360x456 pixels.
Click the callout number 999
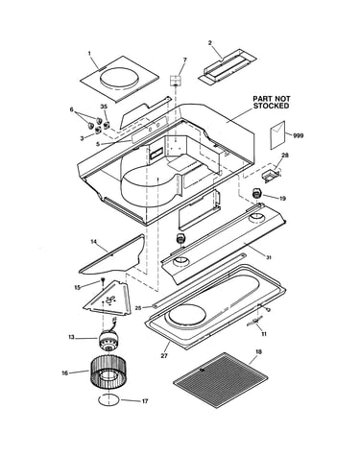click(298, 135)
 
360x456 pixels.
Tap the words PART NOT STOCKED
click(272, 103)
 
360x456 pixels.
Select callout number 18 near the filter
click(258, 352)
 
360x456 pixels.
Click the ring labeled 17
click(108, 400)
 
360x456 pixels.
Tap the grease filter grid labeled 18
click(221, 379)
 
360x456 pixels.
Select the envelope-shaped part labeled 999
click(277, 134)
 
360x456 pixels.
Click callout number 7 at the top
click(184, 60)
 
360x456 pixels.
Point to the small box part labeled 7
click(176, 81)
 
